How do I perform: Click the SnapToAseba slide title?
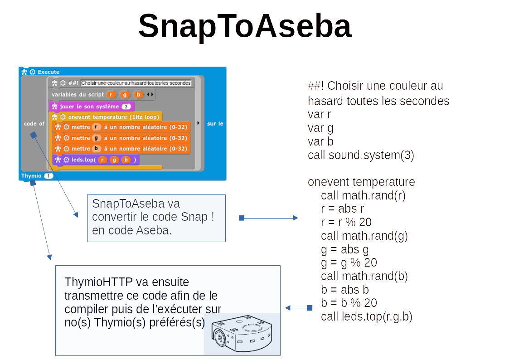[x=244, y=26]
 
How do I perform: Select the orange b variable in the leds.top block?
[x=126, y=160]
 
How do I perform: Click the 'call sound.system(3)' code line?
[x=361, y=155]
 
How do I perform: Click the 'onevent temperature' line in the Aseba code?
[x=361, y=182]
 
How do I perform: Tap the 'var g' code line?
[x=320, y=128]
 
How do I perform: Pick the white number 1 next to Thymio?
[x=48, y=176]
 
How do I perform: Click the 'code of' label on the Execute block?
[x=34, y=123]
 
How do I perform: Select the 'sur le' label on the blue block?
[x=215, y=123]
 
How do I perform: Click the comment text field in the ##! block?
[x=136, y=83]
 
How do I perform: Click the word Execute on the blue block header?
[x=48, y=72]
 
